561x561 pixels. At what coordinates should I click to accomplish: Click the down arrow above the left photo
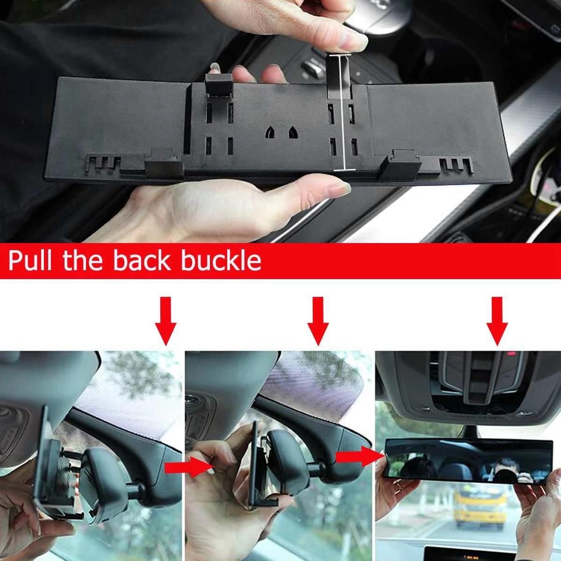[x=165, y=321]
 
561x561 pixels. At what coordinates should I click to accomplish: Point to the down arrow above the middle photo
[x=318, y=321]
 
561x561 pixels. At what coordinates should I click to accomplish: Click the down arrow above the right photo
[x=497, y=321]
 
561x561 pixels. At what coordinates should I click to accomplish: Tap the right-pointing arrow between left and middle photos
[x=189, y=468]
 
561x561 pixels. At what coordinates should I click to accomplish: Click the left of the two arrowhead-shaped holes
[x=270, y=132]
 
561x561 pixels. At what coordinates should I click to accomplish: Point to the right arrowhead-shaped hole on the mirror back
[x=293, y=132]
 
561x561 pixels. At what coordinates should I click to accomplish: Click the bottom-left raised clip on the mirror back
[x=164, y=163]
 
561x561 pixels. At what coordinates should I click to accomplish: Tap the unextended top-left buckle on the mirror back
[x=219, y=85]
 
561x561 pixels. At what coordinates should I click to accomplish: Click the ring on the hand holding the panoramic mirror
[x=397, y=485]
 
